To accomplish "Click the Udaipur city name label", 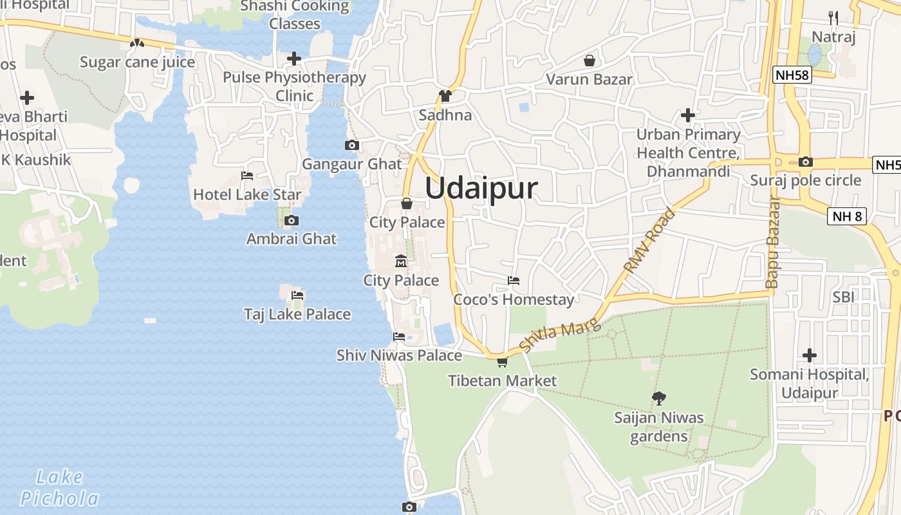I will tap(481, 189).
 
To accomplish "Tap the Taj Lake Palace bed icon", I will tap(297, 295).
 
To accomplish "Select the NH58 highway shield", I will tap(792, 75).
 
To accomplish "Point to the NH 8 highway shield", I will tap(847, 216).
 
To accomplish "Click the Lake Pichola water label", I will tap(60, 488).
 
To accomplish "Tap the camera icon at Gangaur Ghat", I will tap(351, 145).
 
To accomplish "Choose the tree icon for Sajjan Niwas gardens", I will tap(658, 398).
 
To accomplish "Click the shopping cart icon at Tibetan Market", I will tap(502, 362).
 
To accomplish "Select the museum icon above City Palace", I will tap(401, 261).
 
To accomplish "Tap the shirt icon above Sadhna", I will tap(445, 96).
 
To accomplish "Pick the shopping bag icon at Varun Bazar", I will tap(589, 61).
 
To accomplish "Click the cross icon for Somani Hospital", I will tap(810, 355).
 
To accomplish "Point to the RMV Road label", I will tap(651, 240).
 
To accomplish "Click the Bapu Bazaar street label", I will tap(772, 241).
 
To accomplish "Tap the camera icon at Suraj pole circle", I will tap(805, 162).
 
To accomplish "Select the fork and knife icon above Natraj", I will tap(833, 17).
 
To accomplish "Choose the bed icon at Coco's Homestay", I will tap(514, 281).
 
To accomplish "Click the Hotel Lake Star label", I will tap(247, 194).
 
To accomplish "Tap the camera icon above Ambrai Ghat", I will tap(291, 221).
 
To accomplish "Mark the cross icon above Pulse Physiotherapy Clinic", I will tap(294, 59).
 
